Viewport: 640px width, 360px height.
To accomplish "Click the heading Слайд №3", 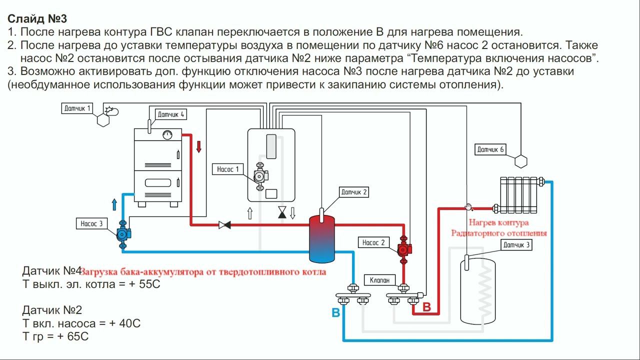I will pyautogui.click(x=37, y=19).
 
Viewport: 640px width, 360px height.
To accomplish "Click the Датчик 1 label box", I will pyautogui.click(x=78, y=108).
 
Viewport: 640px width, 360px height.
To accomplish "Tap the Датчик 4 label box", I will pyautogui.click(x=171, y=114).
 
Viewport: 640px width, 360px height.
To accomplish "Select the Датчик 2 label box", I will pyautogui.click(x=354, y=192).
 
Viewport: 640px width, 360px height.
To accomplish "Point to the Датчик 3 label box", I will pyautogui.click(x=516, y=245).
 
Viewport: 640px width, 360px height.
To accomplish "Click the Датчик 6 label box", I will pyautogui.click(x=490, y=149).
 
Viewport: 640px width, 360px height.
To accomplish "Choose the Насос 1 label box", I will pyautogui.click(x=228, y=169).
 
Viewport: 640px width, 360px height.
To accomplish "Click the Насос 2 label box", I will pyautogui.click(x=373, y=242).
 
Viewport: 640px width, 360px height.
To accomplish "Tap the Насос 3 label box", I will pyautogui.click(x=91, y=223).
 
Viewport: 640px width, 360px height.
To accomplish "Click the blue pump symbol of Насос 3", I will pyautogui.click(x=122, y=233).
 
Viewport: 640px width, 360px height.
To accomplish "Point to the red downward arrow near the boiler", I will pyautogui.click(x=198, y=146).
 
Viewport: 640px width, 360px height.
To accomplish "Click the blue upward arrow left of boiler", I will pyautogui.click(x=114, y=204).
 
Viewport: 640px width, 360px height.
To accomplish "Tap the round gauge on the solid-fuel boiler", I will pyautogui.click(x=167, y=134).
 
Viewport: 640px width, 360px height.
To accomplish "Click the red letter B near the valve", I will pyautogui.click(x=426, y=307).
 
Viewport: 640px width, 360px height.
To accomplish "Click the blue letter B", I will pyautogui.click(x=336, y=313).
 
